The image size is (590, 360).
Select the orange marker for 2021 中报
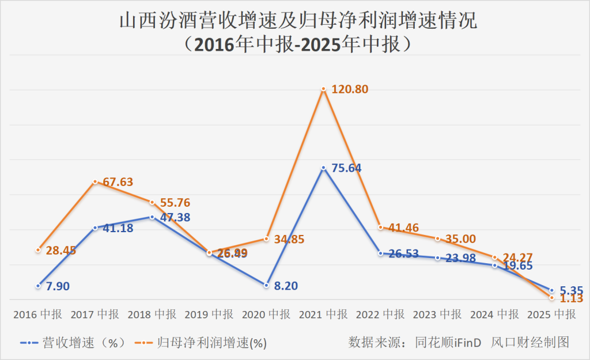(x=324, y=89)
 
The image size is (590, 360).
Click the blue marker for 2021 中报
(x=324, y=168)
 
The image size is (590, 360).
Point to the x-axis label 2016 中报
(x=38, y=314)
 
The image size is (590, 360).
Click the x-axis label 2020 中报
(x=266, y=314)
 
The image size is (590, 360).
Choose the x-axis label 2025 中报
(x=551, y=314)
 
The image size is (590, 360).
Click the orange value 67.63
(x=117, y=182)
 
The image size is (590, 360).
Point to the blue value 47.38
(x=175, y=218)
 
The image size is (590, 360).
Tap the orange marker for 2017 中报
(x=95, y=182)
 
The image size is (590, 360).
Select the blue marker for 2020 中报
(x=266, y=285)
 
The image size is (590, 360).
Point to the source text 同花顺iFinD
(x=449, y=342)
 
